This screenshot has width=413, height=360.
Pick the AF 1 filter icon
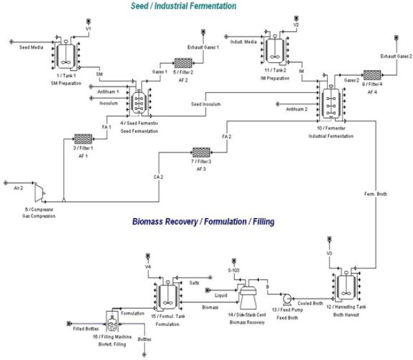click(x=83, y=139)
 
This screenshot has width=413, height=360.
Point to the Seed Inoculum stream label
click(x=206, y=104)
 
